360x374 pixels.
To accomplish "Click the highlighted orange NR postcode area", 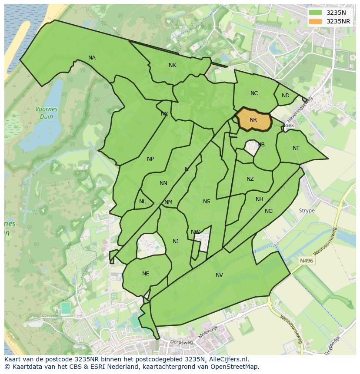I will [x=254, y=120].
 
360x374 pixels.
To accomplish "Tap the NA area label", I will [x=92, y=58].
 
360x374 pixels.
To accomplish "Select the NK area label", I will [x=172, y=65].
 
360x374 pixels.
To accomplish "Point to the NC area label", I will [x=254, y=93].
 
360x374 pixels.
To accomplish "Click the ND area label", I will [x=285, y=96].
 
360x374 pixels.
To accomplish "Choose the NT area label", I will [x=296, y=148].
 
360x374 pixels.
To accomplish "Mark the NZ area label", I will [x=250, y=179].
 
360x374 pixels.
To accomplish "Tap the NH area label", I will [x=259, y=199].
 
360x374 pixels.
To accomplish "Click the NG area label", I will [x=269, y=211].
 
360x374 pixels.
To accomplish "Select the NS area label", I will [x=207, y=201].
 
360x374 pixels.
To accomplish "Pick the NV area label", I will [x=219, y=275].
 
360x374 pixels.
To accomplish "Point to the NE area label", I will [x=146, y=274].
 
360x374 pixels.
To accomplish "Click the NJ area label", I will [x=175, y=242].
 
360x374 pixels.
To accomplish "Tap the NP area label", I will [x=150, y=159].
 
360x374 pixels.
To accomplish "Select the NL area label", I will [x=143, y=202].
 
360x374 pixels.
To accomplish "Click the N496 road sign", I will [x=306, y=261].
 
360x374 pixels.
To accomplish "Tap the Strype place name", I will [x=307, y=211].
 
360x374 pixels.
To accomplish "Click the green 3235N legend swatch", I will [x=316, y=13].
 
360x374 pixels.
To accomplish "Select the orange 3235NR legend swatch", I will [x=316, y=21].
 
